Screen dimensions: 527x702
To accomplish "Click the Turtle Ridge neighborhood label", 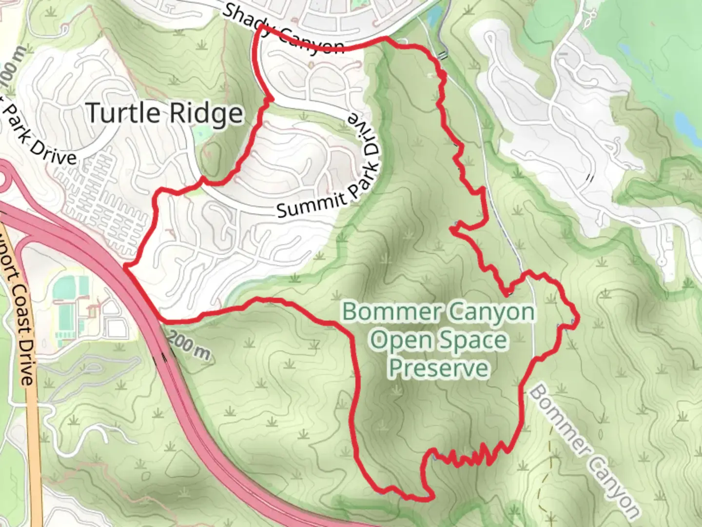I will pyautogui.click(x=165, y=113).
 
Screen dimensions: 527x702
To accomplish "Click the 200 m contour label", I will pyautogui.click(x=189, y=345).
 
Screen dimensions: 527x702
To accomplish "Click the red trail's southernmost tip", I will pyautogui.click(x=419, y=498).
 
